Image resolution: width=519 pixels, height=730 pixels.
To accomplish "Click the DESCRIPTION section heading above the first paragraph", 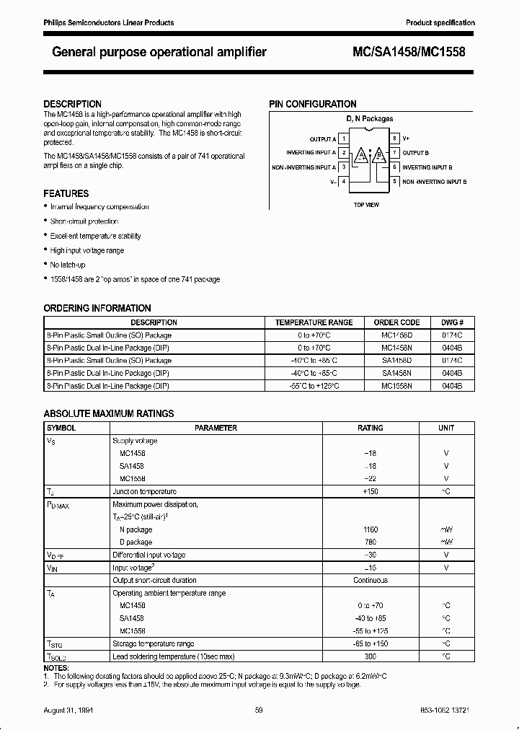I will coord(72,104).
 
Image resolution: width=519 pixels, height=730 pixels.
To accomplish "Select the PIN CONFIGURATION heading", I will coord(313,104).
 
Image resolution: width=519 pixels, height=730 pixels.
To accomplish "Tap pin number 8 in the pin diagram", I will coord(394,138).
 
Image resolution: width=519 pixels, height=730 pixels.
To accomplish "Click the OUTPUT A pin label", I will coord(322,138).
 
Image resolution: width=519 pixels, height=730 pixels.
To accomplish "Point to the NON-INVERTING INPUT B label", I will coord(435,182).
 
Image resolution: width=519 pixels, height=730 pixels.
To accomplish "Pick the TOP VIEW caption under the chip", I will coord(366,205).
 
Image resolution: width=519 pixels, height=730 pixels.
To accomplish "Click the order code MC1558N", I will coord(396,387).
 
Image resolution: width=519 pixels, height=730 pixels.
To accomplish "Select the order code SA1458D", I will coord(396,361).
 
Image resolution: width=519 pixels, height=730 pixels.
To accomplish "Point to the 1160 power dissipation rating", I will coord(371,529).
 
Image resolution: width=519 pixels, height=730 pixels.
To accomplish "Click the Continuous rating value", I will coord(371,581).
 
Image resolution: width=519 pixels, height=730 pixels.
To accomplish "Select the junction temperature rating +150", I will coord(371,491).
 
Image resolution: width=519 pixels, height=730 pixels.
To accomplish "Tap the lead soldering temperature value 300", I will coord(371,656).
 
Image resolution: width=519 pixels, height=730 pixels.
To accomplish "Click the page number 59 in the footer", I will coord(259,711).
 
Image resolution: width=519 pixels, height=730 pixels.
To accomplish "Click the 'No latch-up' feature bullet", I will coord(68,265).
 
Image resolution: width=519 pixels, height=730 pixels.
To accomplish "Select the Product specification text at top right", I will coord(440,23).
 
